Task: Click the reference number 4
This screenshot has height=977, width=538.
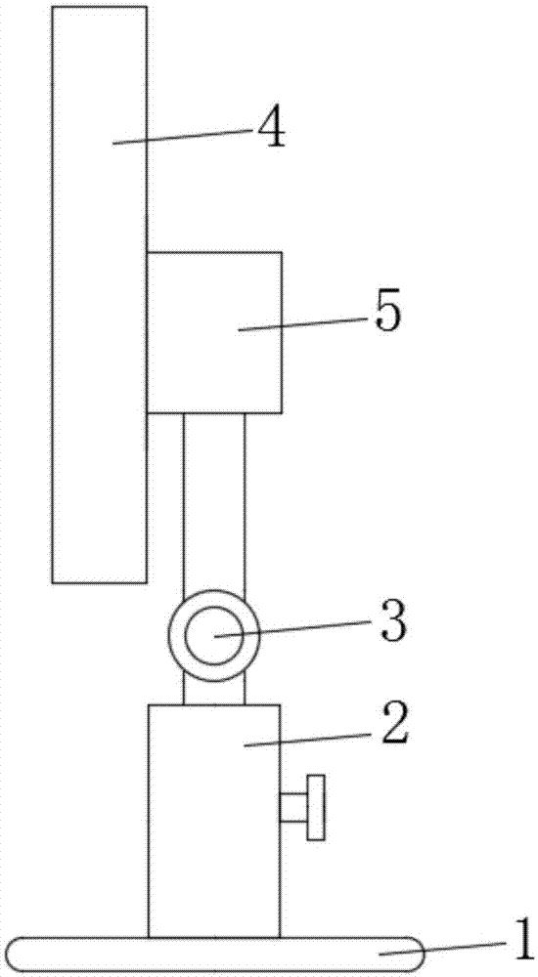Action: click(270, 130)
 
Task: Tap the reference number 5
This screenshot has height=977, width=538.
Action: click(387, 314)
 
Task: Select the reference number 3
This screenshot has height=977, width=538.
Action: click(394, 621)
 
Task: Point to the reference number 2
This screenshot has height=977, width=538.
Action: click(394, 724)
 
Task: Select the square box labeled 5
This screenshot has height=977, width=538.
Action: click(214, 333)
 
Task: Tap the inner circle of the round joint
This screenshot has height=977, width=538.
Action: click(214, 636)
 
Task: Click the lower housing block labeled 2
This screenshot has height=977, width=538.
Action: click(214, 821)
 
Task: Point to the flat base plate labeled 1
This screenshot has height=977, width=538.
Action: click(213, 955)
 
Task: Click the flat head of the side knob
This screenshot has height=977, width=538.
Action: click(316, 808)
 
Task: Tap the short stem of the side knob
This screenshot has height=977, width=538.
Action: click(293, 808)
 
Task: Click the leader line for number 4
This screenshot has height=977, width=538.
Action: click(182, 137)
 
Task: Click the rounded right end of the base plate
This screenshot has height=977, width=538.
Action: click(418, 955)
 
